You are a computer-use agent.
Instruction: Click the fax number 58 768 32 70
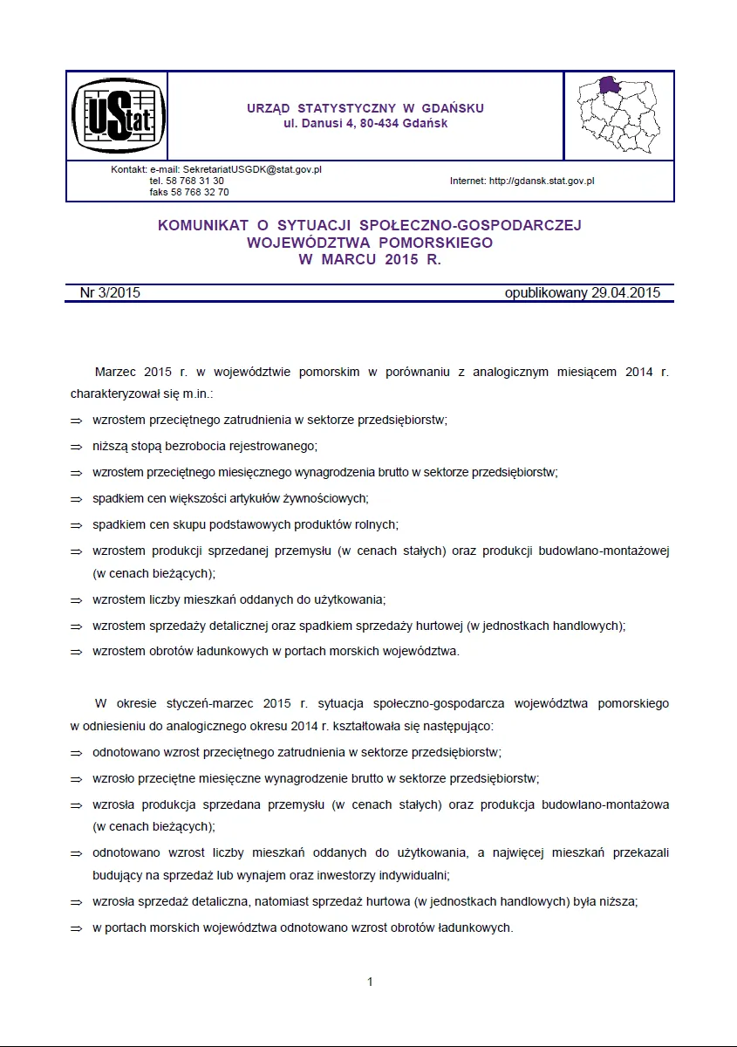189,192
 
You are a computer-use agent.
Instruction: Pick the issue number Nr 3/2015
110,293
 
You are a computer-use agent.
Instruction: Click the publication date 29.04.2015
625,293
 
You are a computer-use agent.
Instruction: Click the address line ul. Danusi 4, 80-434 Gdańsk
365,124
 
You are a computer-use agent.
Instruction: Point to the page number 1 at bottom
370,982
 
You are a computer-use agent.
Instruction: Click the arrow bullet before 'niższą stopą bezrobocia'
76,446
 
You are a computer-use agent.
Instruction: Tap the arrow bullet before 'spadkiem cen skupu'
76,525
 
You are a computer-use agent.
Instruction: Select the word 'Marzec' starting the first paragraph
115,372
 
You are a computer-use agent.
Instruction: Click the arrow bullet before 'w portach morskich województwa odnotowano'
76,928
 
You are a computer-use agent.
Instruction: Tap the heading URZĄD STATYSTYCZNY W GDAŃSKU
365,108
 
